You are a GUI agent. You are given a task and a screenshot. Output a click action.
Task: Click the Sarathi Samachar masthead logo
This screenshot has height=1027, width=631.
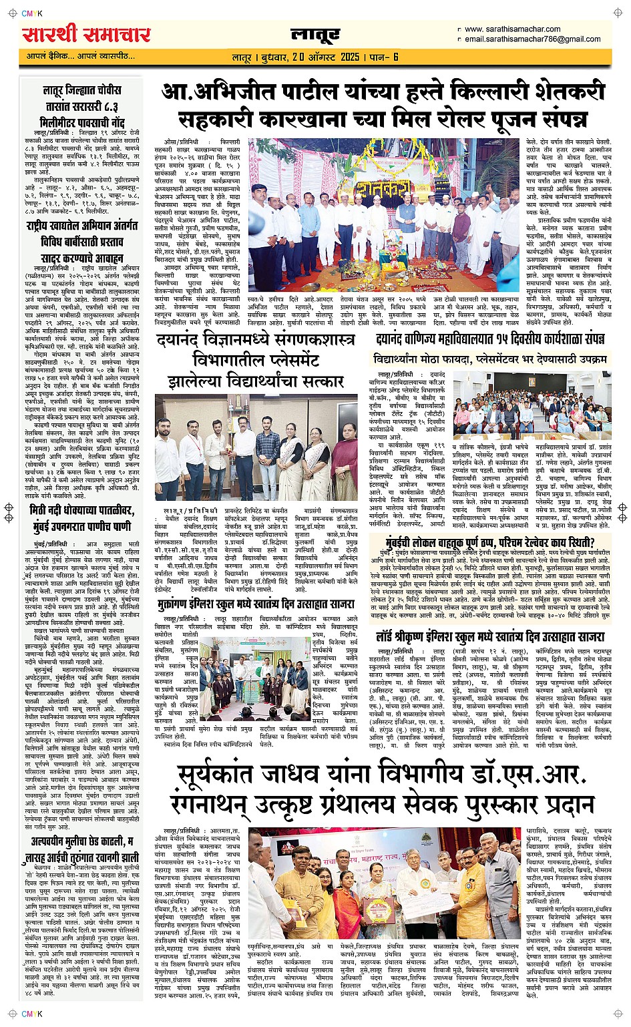[x=86, y=34]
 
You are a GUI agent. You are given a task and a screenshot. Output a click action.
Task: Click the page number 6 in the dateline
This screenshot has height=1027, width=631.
[x=395, y=57]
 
